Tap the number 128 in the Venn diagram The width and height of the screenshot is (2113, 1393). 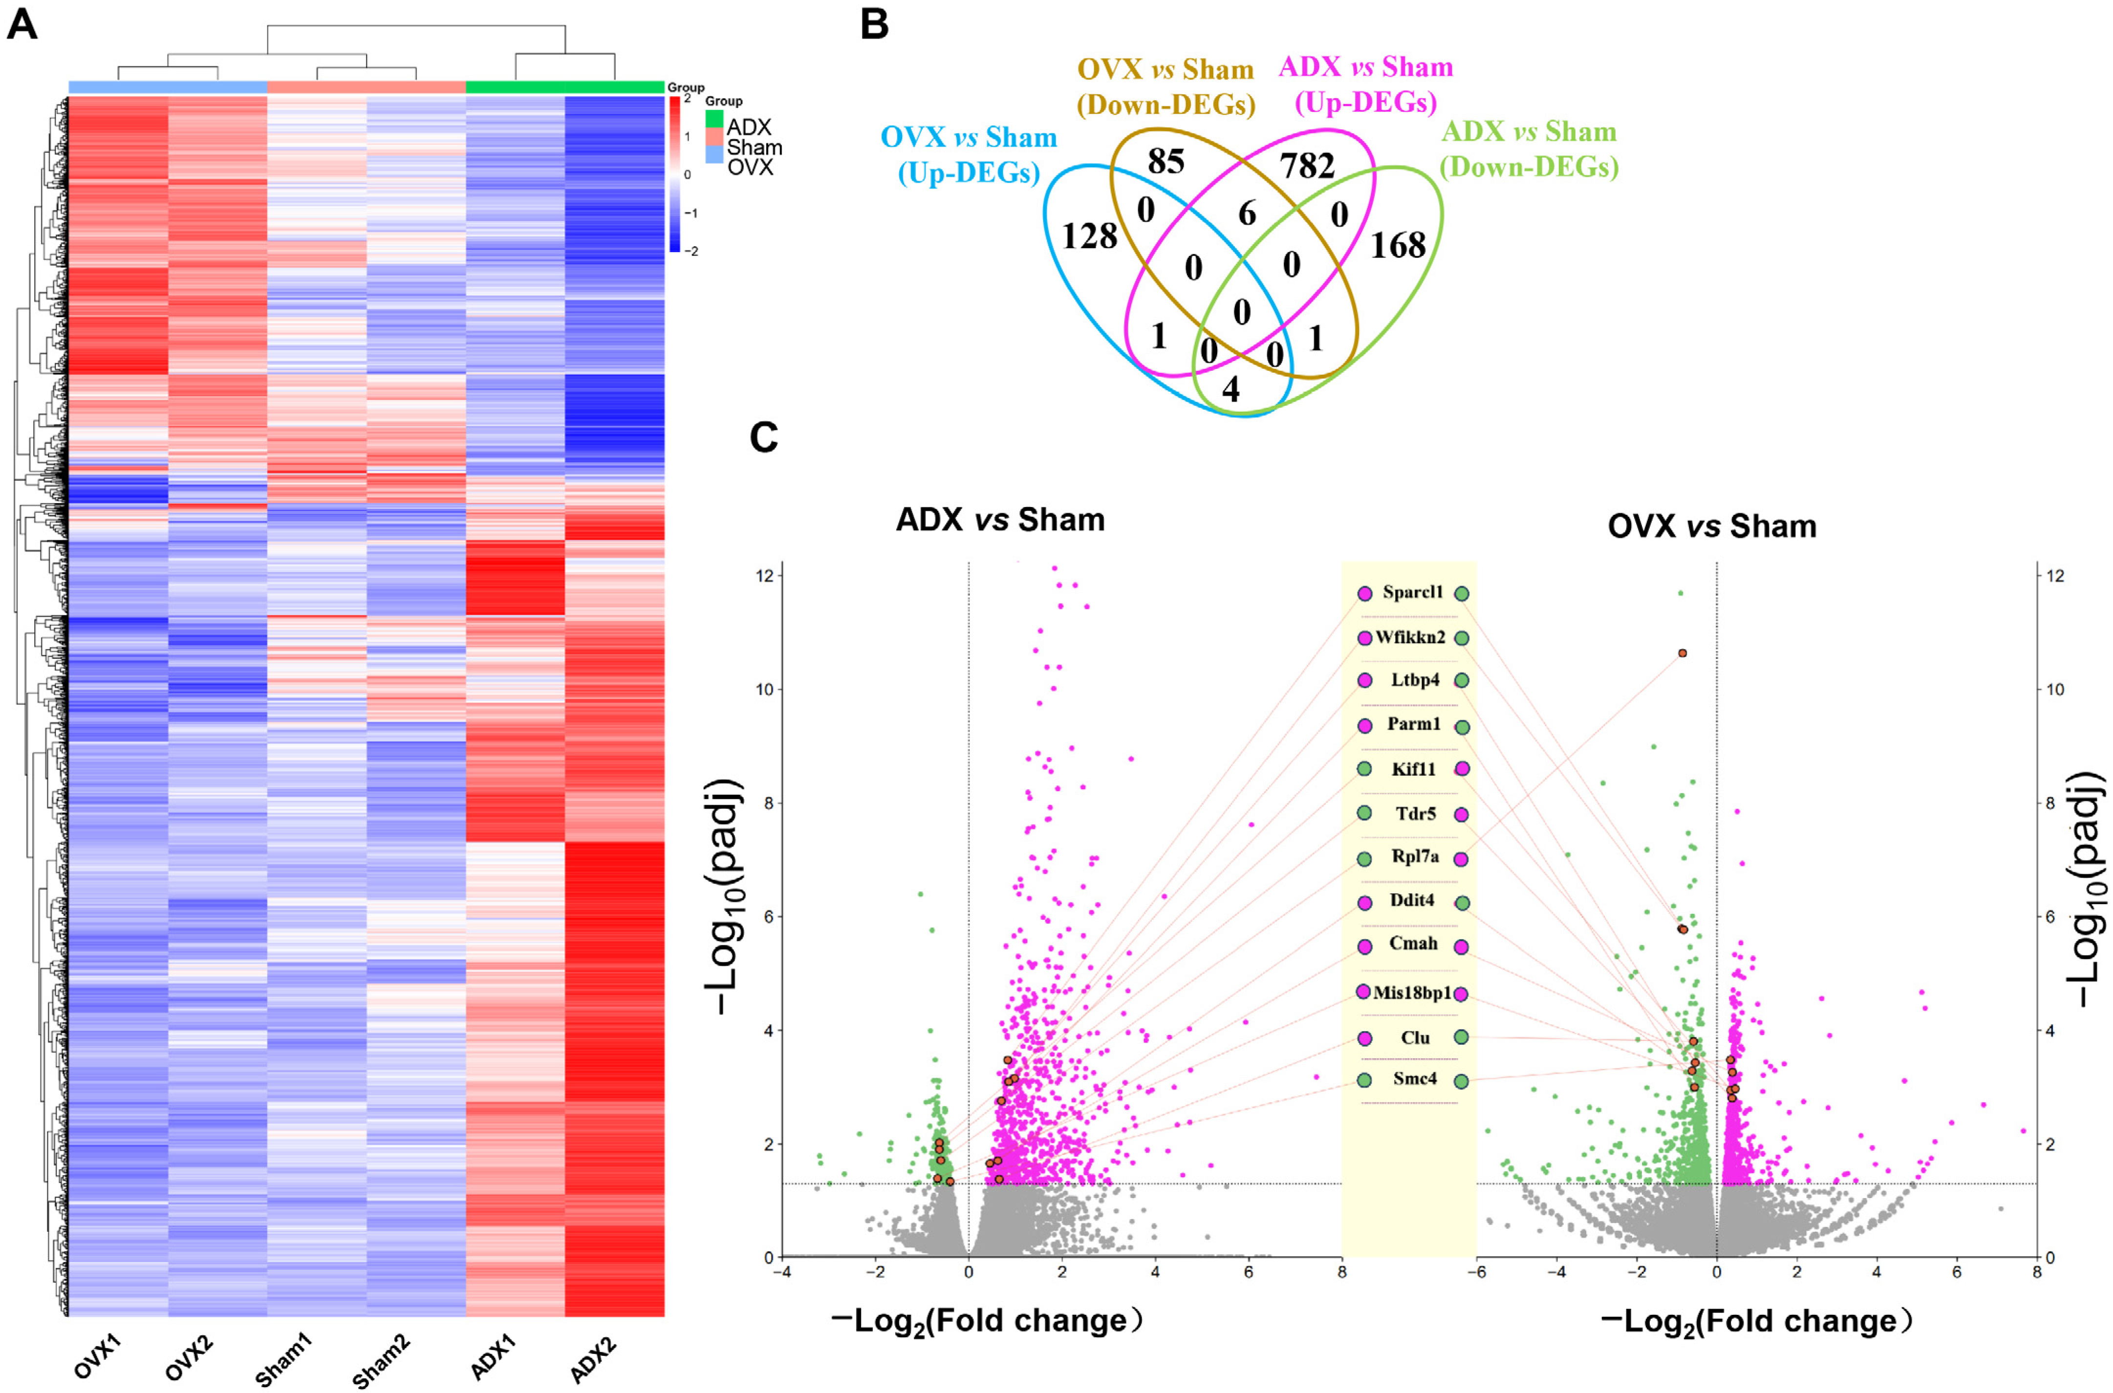pyautogui.click(x=1089, y=236)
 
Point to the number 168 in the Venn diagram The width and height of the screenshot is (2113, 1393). pyautogui.click(x=1398, y=245)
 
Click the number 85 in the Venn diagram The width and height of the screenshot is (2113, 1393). pyautogui.click(x=1166, y=161)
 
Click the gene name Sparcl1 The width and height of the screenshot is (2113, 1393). pyautogui.click(x=1413, y=592)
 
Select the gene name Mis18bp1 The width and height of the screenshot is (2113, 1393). pyautogui.click(x=1412, y=992)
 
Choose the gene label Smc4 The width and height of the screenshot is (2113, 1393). pyautogui.click(x=1415, y=1078)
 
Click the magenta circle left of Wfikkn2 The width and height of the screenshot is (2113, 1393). pyautogui.click(x=1365, y=638)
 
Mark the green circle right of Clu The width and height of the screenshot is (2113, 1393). pyautogui.click(x=1461, y=1037)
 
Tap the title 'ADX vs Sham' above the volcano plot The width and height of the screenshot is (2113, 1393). pyautogui.click(x=1000, y=520)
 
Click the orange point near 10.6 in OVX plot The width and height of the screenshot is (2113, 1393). pyautogui.click(x=1682, y=653)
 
